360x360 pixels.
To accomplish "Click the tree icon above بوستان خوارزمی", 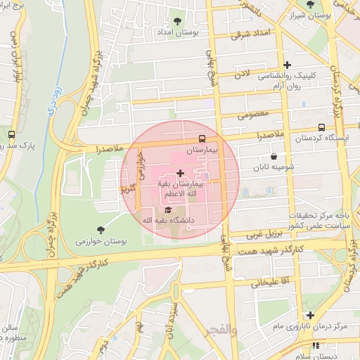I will click(x=101, y=229).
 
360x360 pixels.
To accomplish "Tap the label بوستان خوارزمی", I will click(x=101, y=241).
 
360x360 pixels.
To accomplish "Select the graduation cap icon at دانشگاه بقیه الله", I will click(x=167, y=210).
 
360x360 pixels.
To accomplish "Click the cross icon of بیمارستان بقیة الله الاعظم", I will click(x=180, y=172).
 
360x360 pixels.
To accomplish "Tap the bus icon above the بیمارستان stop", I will click(x=202, y=139).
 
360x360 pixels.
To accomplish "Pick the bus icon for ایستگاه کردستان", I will click(x=321, y=127).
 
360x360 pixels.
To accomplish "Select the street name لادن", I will click(x=243, y=72).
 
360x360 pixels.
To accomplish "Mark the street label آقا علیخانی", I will click(x=262, y=282).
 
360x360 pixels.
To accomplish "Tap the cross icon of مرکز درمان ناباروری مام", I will click(x=309, y=315).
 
